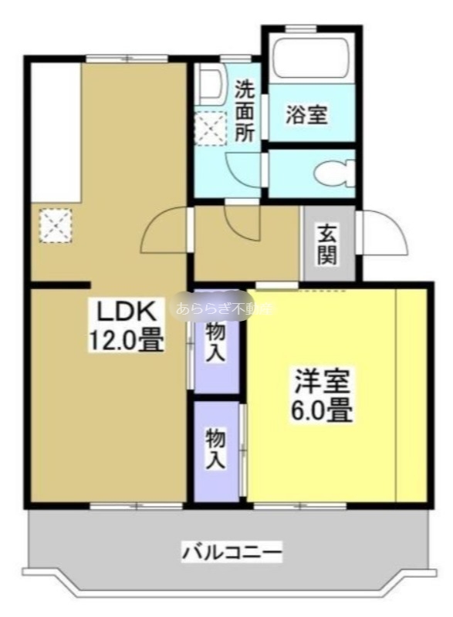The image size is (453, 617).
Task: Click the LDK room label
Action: pos(128,312)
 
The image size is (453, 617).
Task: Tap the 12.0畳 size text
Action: pos(128,339)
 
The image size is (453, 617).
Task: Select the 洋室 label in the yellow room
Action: pos(321,383)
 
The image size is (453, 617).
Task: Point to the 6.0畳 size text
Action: pos(321,410)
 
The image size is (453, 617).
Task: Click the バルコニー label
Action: pos(232,552)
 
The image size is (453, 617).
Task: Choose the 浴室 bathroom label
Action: pos(307,116)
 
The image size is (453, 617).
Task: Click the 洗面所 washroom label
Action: pos(245,110)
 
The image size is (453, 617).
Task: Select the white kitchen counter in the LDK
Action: pos(56,131)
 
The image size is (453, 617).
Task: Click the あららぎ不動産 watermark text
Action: pos(224,309)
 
